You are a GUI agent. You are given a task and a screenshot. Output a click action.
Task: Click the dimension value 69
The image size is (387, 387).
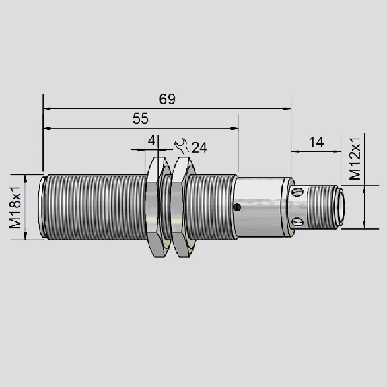pos(167,99)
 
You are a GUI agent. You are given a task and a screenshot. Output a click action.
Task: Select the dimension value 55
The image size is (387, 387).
pos(141,118)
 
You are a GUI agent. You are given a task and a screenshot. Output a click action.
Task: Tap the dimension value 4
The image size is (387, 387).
pos(151,141)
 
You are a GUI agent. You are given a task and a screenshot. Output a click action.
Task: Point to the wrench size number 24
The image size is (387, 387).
pos(199,147)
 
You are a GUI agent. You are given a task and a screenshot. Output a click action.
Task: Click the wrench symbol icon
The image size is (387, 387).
pos(182,145)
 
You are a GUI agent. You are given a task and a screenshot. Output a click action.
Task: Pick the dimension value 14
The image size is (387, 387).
pos(316,143)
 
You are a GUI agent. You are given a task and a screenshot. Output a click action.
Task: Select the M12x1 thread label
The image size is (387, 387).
pos(355,159)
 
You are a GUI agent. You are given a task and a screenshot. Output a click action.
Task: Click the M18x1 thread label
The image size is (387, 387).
pos(15,207)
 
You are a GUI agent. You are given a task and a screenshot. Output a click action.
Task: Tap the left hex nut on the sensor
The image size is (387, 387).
pos(158,207)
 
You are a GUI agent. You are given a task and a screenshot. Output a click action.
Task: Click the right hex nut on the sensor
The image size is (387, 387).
pos(183,207)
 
